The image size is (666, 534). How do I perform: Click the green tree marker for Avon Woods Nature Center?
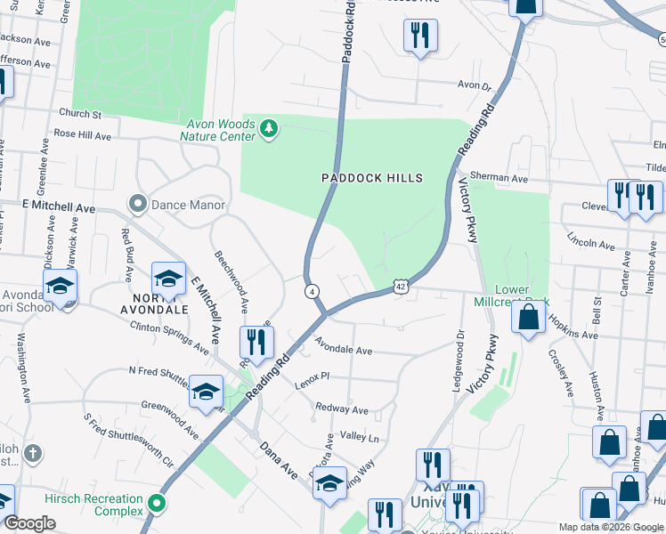(268, 130)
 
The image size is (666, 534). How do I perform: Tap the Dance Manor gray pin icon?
(137, 205)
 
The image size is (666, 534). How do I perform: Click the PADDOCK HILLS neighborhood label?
(371, 178)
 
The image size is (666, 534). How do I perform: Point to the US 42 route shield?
(401, 286)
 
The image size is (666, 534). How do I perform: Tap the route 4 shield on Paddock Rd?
(312, 291)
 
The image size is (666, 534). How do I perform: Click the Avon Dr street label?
(475, 86)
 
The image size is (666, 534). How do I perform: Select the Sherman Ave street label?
(499, 177)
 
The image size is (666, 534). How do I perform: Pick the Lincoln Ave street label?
(591, 243)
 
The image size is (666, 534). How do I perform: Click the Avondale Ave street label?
(343, 349)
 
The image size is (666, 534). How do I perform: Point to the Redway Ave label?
(342, 410)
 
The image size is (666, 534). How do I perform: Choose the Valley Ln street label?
(360, 438)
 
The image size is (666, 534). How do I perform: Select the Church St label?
(81, 114)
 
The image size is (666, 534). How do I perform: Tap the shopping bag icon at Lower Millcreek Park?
(529, 316)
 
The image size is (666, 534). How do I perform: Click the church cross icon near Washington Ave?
(31, 453)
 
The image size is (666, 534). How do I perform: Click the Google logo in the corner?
(29, 523)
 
